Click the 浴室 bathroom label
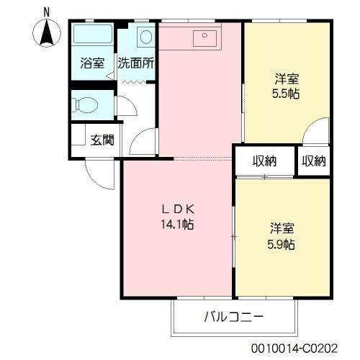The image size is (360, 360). (91, 63)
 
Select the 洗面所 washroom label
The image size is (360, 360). (136, 63)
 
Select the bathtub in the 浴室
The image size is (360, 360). (92, 36)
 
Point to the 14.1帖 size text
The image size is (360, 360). (177, 224)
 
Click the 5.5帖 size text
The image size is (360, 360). (286, 93)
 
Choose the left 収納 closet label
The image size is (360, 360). (264, 161)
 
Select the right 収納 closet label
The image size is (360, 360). (313, 161)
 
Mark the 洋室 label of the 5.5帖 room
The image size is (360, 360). (286, 78)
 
